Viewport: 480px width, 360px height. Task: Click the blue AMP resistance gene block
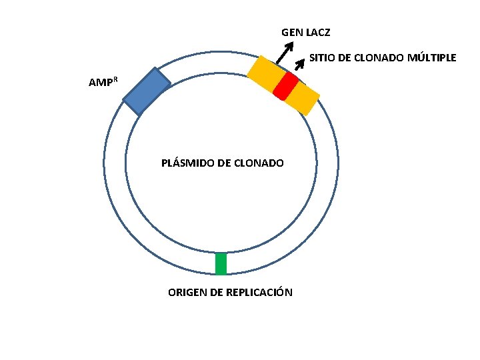pyautogui.click(x=147, y=91)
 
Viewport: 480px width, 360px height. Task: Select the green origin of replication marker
pyautogui.click(x=221, y=263)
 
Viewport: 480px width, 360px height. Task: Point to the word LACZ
pyautogui.click(x=318, y=32)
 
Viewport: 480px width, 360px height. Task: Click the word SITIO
pyautogui.click(x=321, y=58)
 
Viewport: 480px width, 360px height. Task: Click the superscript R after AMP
pyautogui.click(x=115, y=79)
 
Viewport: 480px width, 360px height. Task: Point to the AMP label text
pyautogui.click(x=100, y=83)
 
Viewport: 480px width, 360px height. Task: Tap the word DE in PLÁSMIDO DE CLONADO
pyautogui.click(x=225, y=163)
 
